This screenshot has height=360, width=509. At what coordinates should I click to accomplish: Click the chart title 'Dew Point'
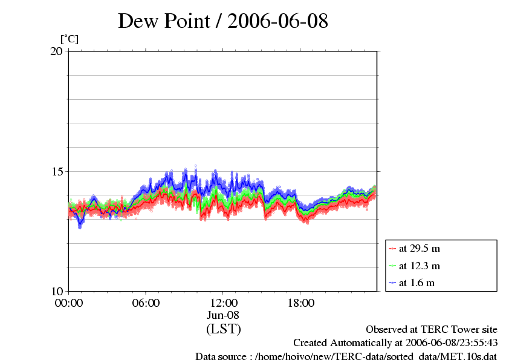[x=167, y=21]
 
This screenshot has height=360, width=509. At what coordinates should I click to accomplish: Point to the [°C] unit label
[x=70, y=39]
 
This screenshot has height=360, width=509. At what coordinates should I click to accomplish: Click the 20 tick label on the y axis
[x=56, y=51]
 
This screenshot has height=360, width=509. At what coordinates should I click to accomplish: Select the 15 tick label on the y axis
[x=56, y=171]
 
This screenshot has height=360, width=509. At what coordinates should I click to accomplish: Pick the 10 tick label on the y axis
[x=56, y=291]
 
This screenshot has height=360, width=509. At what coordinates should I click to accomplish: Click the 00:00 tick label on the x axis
[x=68, y=303]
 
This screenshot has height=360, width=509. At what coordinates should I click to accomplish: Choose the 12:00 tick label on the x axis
[x=223, y=303]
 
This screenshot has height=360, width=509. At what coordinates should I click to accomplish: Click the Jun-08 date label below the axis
[x=223, y=315]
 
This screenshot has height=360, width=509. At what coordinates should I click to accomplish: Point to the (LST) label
[x=223, y=329]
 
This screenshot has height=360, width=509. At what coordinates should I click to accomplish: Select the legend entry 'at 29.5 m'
[x=419, y=248]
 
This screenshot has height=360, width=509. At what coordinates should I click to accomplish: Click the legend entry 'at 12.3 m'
[x=419, y=266]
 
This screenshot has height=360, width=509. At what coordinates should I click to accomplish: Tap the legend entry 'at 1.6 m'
[x=417, y=283]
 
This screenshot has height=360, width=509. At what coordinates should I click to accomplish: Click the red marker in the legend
[x=392, y=248]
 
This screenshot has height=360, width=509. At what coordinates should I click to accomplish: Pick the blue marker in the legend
[x=392, y=283]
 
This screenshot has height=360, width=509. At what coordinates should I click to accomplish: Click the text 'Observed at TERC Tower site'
[x=432, y=330]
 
